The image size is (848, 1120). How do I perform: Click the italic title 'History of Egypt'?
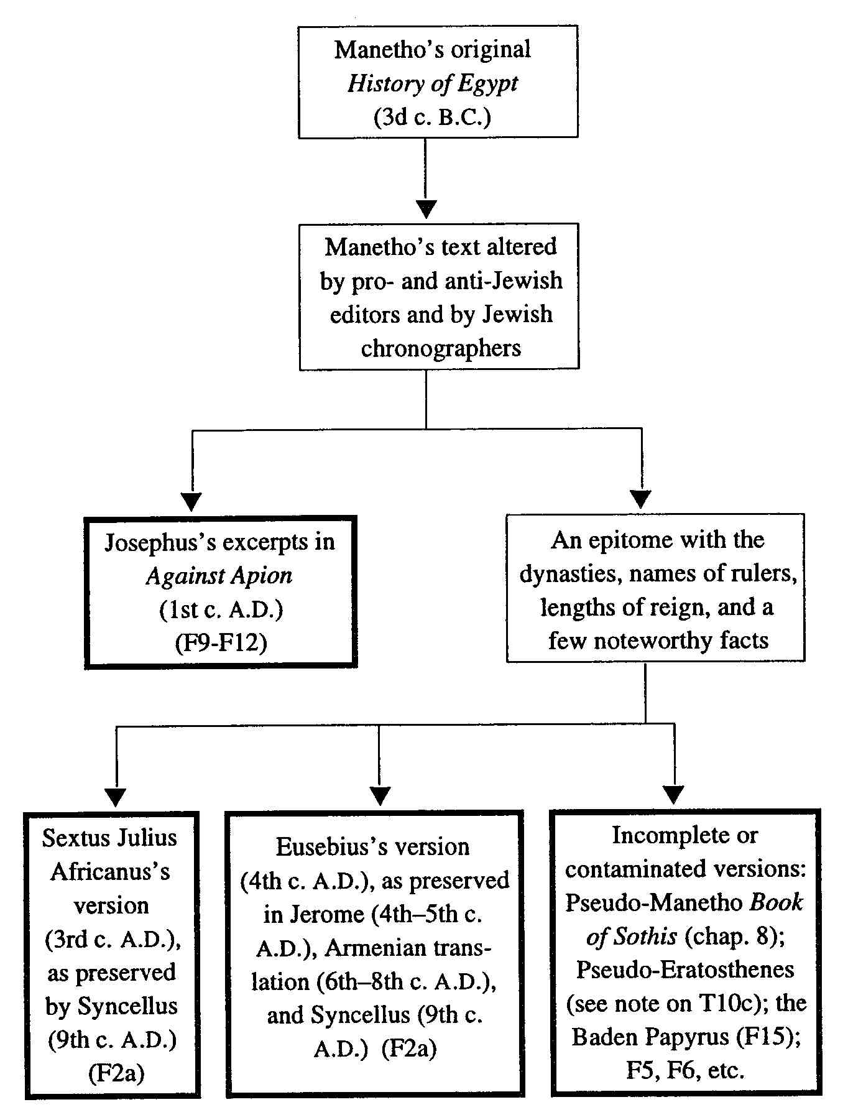(433, 83)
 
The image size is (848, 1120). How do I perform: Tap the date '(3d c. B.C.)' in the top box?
(433, 117)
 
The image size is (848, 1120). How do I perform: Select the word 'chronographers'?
(441, 348)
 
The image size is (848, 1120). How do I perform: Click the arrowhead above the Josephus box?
(192, 501)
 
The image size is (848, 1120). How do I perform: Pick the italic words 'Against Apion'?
(219, 576)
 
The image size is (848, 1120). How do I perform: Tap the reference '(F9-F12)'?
(221, 642)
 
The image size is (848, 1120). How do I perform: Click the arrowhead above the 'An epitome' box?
(641, 499)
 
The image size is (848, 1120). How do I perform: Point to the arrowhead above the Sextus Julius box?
(116, 798)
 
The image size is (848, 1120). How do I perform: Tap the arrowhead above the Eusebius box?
(379, 797)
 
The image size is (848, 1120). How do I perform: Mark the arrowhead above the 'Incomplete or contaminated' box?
(674, 795)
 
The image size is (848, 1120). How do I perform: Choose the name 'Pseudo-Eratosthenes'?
(685, 969)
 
